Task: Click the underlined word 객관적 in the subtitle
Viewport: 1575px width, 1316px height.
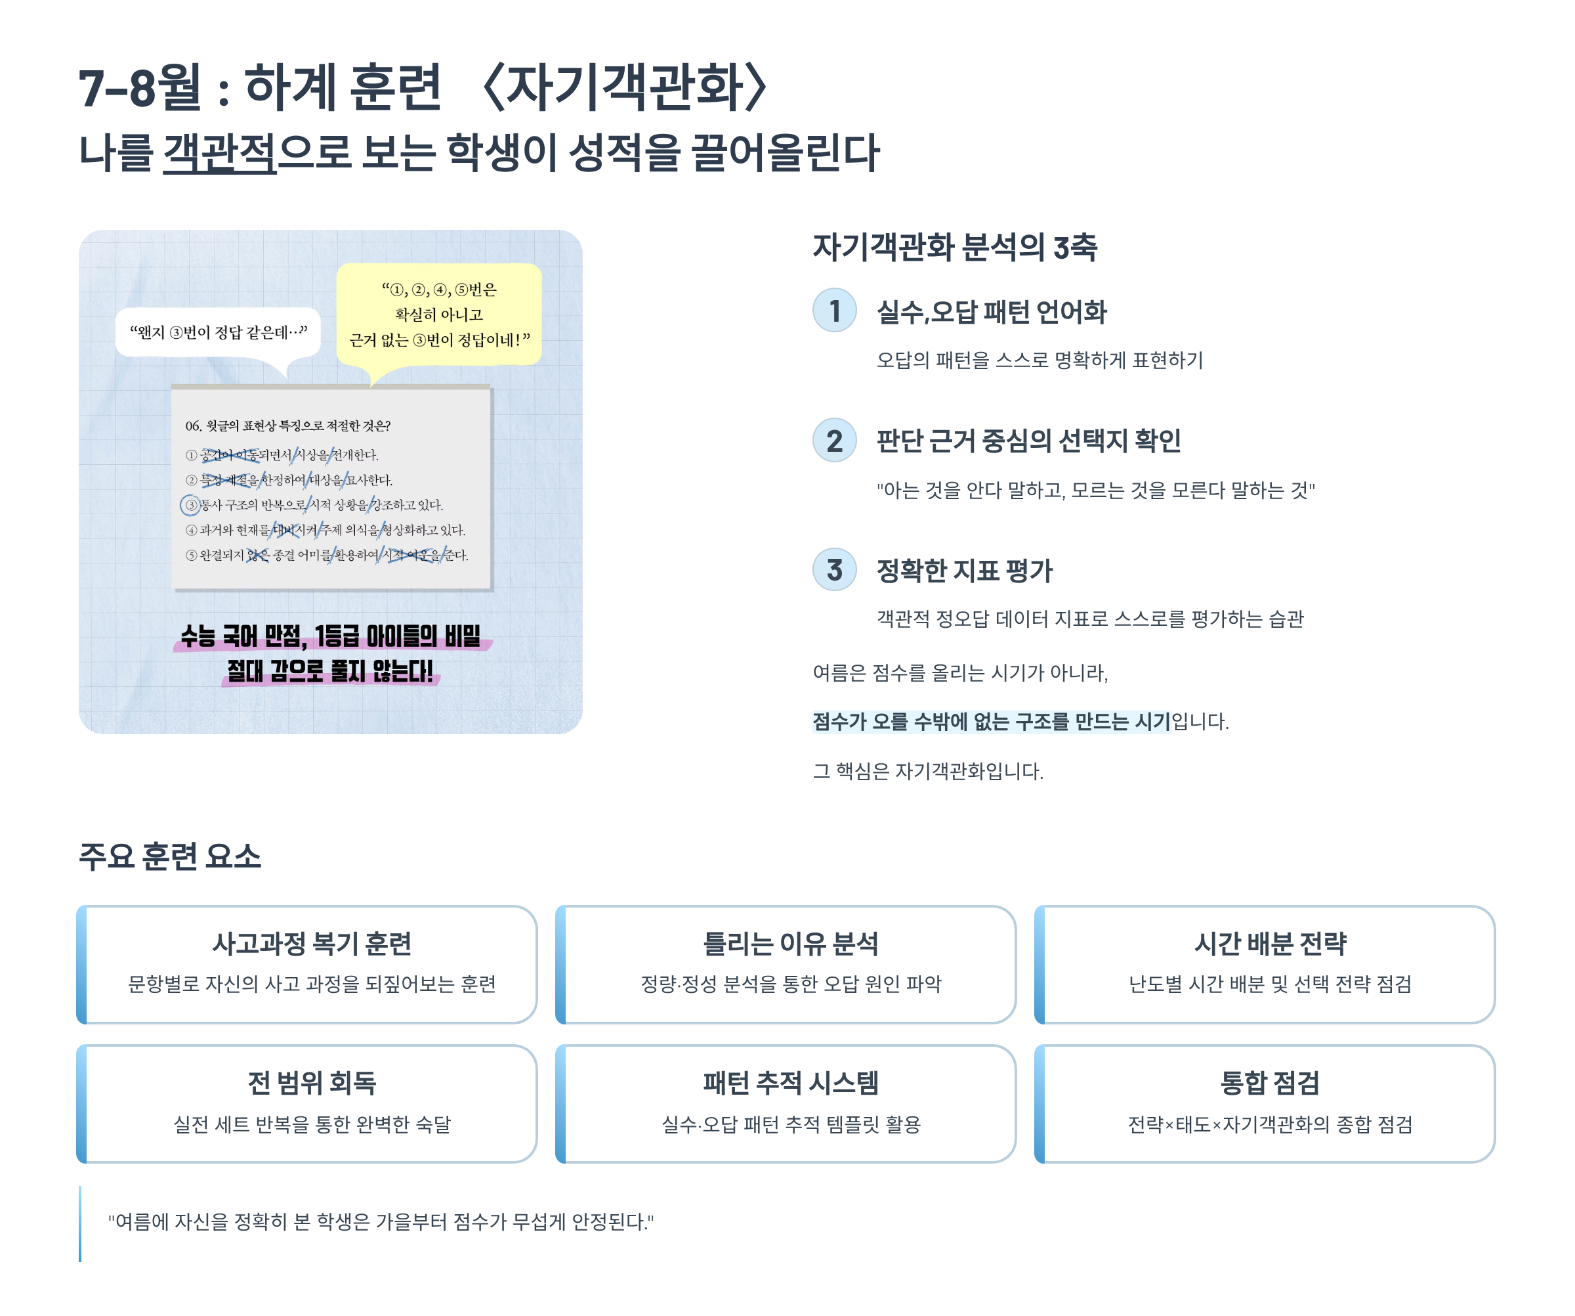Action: pyautogui.click(x=219, y=153)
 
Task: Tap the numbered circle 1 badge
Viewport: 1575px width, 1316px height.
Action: pyautogui.click(x=834, y=311)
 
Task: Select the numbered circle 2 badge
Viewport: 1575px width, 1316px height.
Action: pyautogui.click(x=834, y=441)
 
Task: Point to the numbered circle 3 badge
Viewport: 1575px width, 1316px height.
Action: pyautogui.click(x=834, y=570)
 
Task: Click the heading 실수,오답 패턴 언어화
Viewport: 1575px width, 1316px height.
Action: pyautogui.click(x=992, y=312)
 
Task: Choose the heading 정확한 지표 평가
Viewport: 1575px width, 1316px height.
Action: pyautogui.click(x=965, y=571)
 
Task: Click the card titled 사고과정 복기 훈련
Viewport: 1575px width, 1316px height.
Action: pyautogui.click(x=311, y=964)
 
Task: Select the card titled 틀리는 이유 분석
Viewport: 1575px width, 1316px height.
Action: pyautogui.click(x=791, y=964)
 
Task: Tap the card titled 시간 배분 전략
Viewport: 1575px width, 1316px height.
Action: pyautogui.click(x=1270, y=964)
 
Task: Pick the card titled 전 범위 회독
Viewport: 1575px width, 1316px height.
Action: pyautogui.click(x=311, y=1103)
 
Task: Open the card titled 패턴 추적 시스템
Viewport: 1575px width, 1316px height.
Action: pyautogui.click(x=791, y=1103)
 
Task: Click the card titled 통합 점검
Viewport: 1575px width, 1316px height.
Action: pyautogui.click(x=1270, y=1103)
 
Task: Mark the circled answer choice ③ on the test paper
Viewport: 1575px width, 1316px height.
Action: pyautogui.click(x=191, y=505)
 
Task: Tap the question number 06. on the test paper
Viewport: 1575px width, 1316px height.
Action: pyautogui.click(x=194, y=426)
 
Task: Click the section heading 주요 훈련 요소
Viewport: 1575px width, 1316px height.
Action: pyautogui.click(x=170, y=856)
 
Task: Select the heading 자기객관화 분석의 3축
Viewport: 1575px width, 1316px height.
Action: pyautogui.click(x=955, y=248)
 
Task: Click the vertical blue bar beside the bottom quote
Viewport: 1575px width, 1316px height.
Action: pyautogui.click(x=80, y=1223)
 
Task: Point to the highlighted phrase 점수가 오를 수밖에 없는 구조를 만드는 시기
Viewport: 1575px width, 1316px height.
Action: pyautogui.click(x=991, y=722)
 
